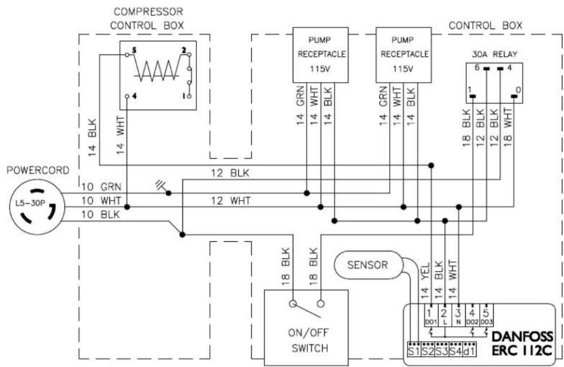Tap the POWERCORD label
38,170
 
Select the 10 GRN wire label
101,187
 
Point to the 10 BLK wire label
100,215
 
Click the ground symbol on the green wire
161,185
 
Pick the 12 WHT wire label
231,201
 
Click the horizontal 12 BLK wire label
230,173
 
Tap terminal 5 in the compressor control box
127,55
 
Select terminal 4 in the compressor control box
127,97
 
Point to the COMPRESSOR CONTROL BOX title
147,19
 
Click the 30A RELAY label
494,54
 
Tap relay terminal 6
486,68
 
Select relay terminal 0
515,96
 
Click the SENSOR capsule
368,265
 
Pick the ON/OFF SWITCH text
308,340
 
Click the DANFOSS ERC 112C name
522,343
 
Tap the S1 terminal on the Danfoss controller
414,351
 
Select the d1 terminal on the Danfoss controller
470,351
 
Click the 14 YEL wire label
425,281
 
